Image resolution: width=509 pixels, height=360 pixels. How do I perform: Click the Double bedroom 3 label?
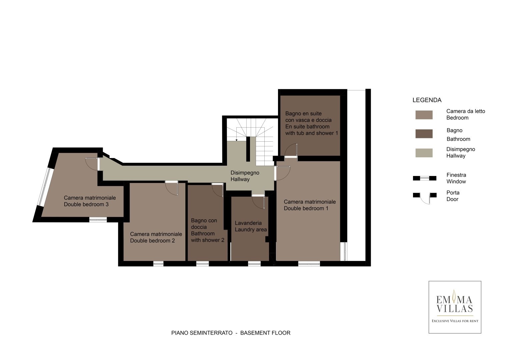pos(90,201)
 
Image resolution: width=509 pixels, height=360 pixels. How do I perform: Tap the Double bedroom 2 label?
pos(156,237)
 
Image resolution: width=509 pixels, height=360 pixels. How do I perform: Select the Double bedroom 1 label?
pos(310,205)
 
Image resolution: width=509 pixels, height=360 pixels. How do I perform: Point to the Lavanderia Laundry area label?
pos(251,226)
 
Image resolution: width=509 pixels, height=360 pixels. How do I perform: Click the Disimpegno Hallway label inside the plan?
pos(245,176)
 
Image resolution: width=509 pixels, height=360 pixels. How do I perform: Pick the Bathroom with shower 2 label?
pos(207,230)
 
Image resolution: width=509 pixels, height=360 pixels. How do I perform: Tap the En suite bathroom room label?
pos(312,123)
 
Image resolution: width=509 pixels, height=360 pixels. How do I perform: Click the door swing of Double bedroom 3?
pos(92,164)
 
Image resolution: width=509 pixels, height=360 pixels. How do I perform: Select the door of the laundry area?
pos(258,202)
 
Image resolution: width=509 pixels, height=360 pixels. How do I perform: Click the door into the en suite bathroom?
pos(291,150)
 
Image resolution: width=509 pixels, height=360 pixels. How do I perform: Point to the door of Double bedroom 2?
pos(172,188)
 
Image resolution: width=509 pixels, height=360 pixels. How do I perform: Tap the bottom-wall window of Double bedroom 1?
pos(309,264)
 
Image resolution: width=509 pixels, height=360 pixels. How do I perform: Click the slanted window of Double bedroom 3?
pos(45,187)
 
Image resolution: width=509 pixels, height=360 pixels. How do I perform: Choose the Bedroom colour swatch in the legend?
pos(424,115)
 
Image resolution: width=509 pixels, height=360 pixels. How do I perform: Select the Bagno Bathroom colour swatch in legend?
pos(424,134)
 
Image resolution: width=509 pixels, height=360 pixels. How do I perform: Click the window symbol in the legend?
pos(424,178)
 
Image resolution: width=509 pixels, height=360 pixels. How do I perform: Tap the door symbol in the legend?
pos(424,198)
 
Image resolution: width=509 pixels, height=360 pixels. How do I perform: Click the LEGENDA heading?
pos(427,100)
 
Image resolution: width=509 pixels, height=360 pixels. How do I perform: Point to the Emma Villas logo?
pos(455,307)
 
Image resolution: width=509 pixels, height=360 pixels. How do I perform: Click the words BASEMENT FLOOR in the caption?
pos(265,333)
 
